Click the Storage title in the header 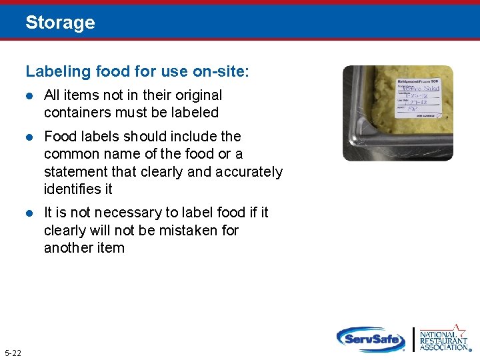point(60,23)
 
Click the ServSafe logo point(371,339)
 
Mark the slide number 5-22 point(13,352)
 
